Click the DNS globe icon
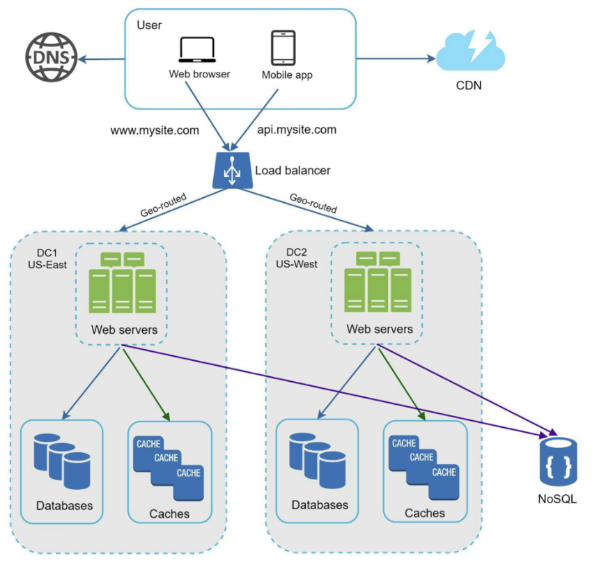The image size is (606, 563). (x=52, y=57)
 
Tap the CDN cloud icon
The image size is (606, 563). (x=470, y=51)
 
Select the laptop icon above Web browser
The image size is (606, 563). (x=197, y=49)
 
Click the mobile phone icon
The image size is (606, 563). (x=283, y=48)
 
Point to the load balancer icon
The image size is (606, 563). (x=232, y=170)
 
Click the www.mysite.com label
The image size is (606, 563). (x=155, y=131)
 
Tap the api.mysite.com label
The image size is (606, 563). (x=297, y=130)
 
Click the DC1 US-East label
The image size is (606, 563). (x=47, y=259)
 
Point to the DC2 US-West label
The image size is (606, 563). (x=297, y=258)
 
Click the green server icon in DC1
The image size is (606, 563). (x=123, y=283)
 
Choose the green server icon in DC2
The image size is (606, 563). (x=378, y=282)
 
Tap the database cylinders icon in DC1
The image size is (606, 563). (x=62, y=461)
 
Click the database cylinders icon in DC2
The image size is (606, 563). (x=318, y=460)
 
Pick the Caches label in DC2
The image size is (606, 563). (x=425, y=513)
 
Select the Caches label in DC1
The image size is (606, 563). (x=169, y=514)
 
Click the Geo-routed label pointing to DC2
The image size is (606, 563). (x=313, y=203)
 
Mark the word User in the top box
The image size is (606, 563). (x=149, y=25)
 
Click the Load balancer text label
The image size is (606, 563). (x=293, y=171)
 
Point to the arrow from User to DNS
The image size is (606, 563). (x=101, y=59)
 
